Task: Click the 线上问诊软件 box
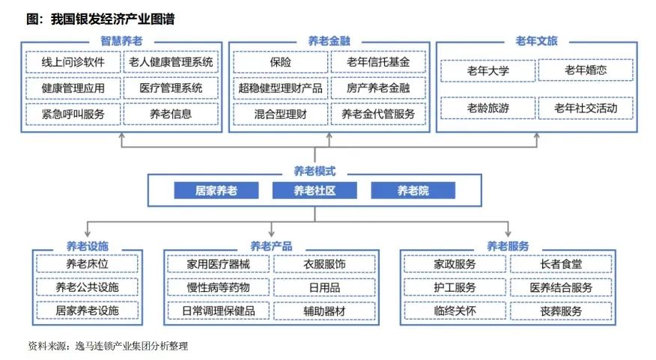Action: (x=73, y=62)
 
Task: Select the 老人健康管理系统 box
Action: (x=171, y=62)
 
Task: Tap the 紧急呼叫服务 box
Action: (x=73, y=115)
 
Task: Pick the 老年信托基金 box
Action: (x=378, y=62)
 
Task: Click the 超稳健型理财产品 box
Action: (x=280, y=88)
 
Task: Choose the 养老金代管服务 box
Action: (x=378, y=114)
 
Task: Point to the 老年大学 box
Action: (x=488, y=70)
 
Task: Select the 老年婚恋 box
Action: (x=586, y=70)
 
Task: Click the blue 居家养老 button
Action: (x=216, y=191)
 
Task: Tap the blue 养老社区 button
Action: (x=315, y=191)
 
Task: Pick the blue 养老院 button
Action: (x=413, y=191)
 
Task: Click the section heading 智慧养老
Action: (x=121, y=41)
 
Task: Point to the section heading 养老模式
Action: (x=315, y=171)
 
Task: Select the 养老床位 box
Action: (x=87, y=264)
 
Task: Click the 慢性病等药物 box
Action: (x=218, y=287)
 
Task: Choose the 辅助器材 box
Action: (x=324, y=311)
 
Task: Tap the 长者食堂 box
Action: (x=561, y=264)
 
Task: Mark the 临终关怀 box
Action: (x=455, y=311)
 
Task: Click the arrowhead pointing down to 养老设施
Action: (x=87, y=234)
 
